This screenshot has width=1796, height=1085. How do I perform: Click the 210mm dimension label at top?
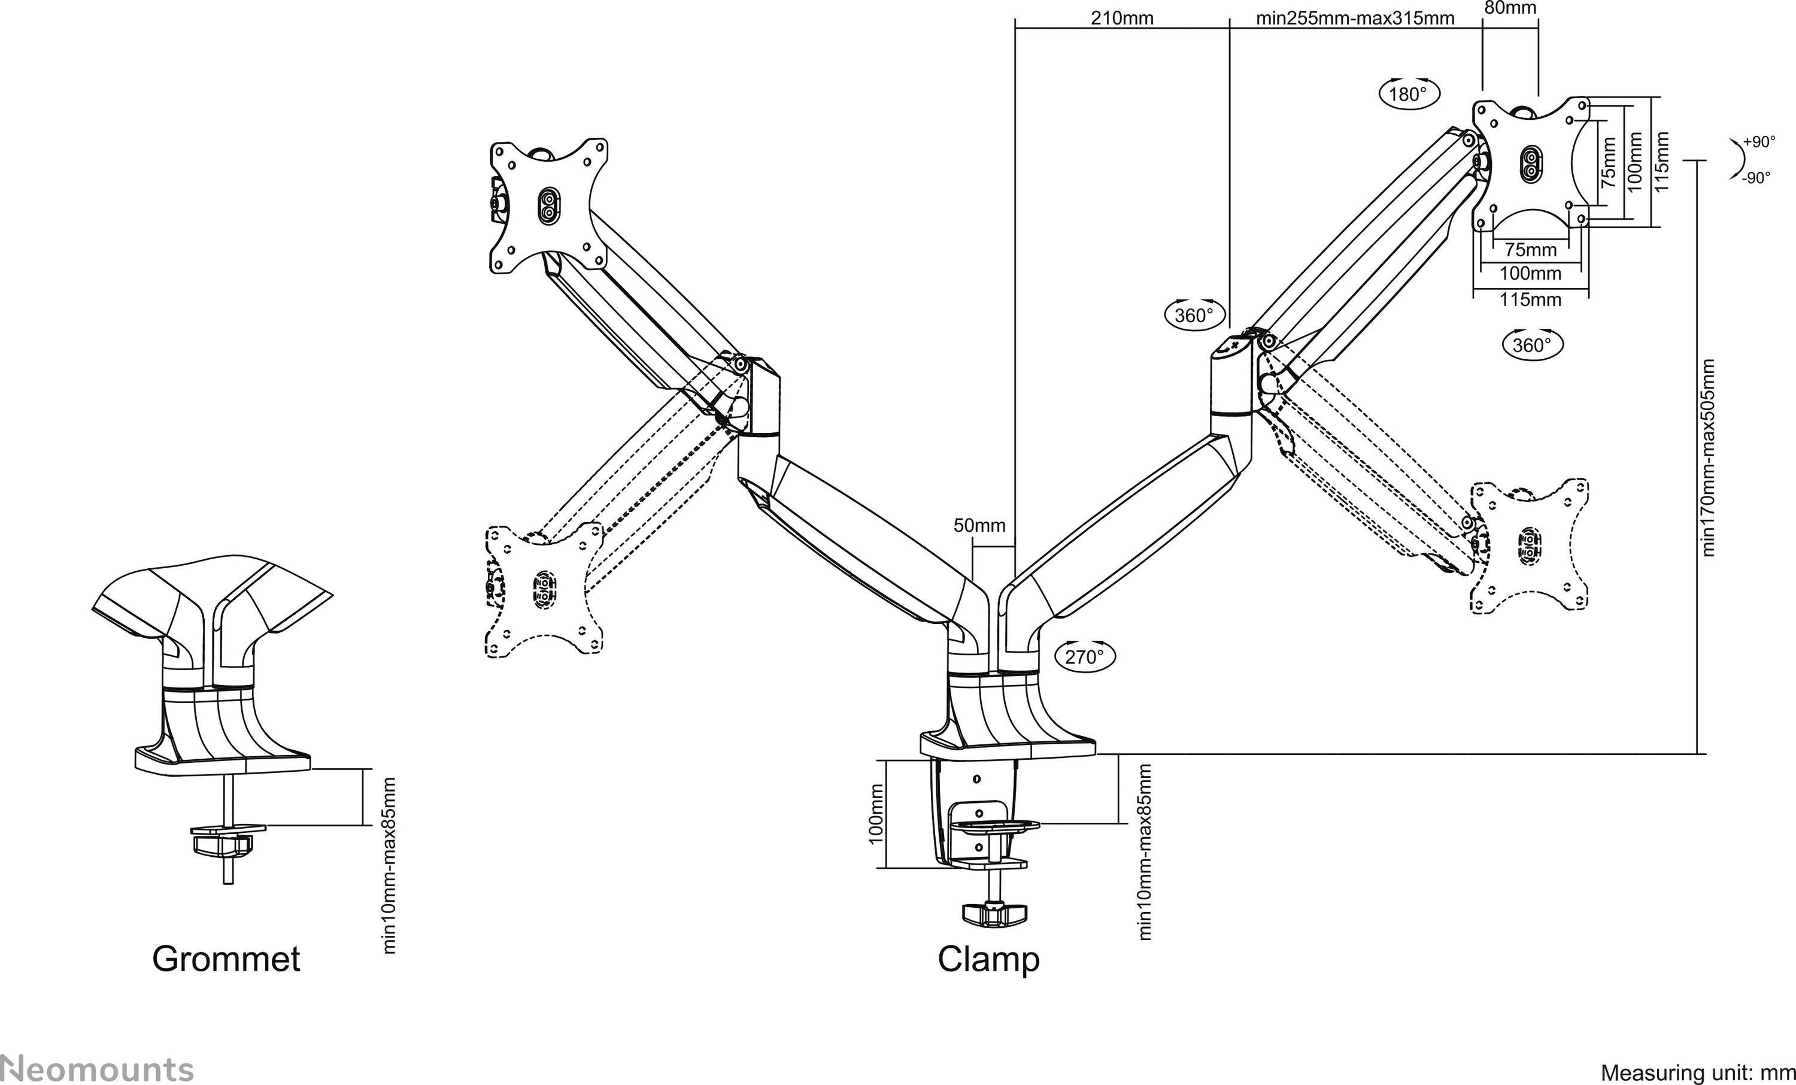point(1122,18)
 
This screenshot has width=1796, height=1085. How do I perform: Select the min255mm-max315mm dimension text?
point(1355,18)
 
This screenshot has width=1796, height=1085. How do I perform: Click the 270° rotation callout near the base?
point(1085,657)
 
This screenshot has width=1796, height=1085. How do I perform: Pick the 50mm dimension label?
point(979,525)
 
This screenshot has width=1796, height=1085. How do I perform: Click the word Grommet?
point(226,958)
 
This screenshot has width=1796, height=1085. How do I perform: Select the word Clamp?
point(988,958)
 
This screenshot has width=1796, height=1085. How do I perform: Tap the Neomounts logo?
point(97,1069)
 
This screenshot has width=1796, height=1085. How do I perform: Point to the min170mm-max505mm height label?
point(1709,458)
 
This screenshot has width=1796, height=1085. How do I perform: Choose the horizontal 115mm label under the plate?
point(1530,299)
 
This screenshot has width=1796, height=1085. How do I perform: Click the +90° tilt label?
point(1759,142)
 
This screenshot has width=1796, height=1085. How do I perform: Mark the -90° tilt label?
point(1756,178)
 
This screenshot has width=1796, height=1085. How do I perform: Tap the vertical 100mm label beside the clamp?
point(876,814)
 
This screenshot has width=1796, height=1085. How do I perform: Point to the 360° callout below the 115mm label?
point(1532,345)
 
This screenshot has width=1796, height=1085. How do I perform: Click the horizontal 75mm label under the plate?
point(1530,249)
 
